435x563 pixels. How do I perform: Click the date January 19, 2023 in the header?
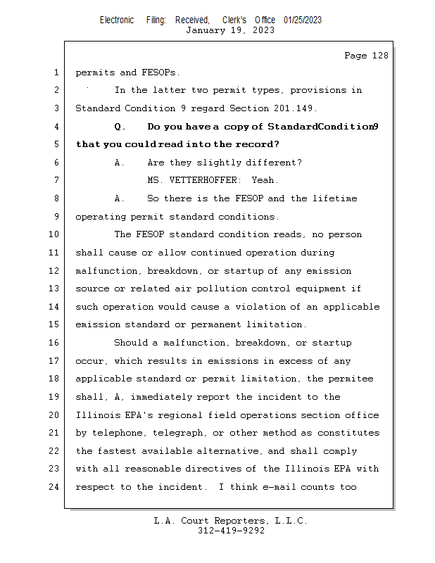[230, 30]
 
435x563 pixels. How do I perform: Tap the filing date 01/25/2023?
[303, 20]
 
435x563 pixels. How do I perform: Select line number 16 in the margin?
[56, 343]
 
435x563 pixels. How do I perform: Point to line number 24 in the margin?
[56, 487]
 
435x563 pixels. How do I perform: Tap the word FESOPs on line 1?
[160, 72]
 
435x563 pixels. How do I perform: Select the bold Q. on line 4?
[120, 127]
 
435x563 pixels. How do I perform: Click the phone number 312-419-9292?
[230, 531]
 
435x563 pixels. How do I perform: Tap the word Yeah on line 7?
[263, 181]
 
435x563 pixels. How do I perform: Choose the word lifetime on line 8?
[332, 198]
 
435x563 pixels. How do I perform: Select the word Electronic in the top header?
[117, 20]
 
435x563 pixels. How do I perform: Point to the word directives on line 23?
[219, 469]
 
